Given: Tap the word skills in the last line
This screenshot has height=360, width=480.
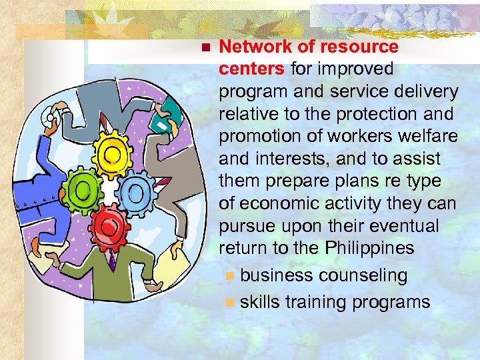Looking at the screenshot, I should point(260,302).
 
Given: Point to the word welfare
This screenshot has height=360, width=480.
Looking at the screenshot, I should point(424,136).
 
